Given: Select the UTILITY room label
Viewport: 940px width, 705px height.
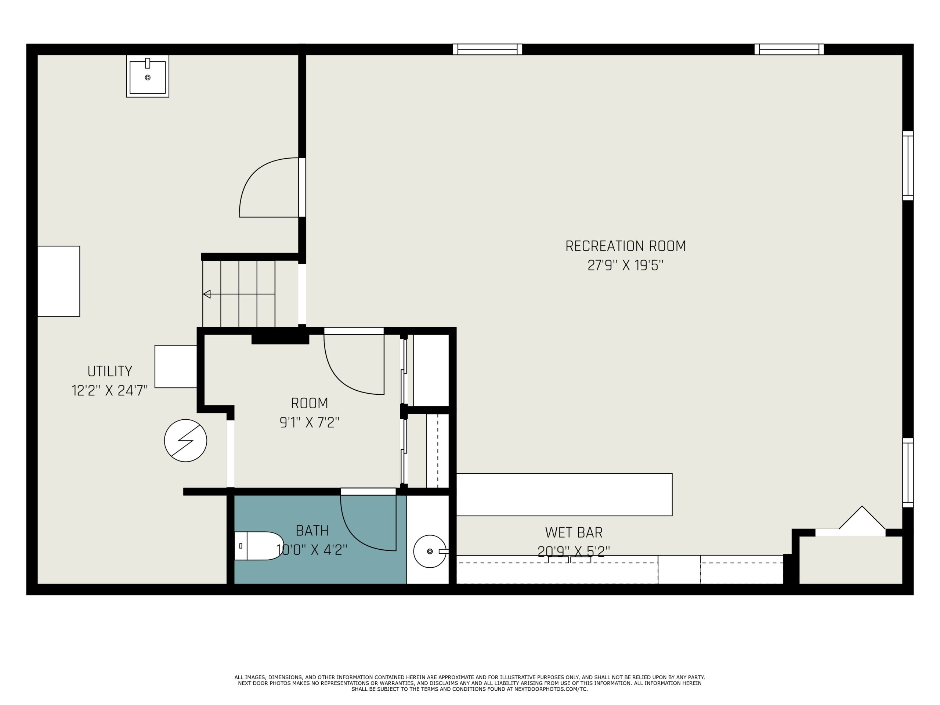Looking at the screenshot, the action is [x=110, y=372].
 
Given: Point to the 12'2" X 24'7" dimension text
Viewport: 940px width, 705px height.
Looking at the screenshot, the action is [x=110, y=391].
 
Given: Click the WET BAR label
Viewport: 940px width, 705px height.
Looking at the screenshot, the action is [x=574, y=532].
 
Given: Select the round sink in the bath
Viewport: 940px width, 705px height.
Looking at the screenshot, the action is [x=430, y=552].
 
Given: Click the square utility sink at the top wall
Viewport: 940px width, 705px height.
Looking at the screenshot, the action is [x=148, y=76].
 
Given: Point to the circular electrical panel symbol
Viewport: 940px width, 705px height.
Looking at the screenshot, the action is [x=186, y=441].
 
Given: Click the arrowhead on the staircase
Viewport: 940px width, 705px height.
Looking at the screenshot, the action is [x=207, y=294].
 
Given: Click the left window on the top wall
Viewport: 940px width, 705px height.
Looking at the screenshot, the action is [x=487, y=49].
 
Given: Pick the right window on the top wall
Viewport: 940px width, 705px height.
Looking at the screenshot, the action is [x=789, y=49].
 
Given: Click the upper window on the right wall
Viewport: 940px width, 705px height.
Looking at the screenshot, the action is [x=908, y=165].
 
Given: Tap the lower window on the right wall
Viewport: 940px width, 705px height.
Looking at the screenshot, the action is [x=908, y=473].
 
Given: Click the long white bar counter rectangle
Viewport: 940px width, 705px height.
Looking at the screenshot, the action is [x=564, y=495].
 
